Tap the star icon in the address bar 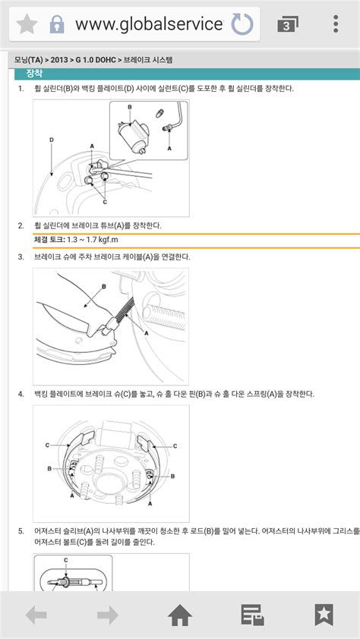click(27, 24)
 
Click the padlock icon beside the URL click(57, 24)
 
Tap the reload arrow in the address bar click(242, 24)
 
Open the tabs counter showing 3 click(287, 24)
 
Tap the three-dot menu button click(336, 24)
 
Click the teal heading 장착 click(34, 74)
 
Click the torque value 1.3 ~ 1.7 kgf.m click(92, 239)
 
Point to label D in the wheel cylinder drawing click(52, 140)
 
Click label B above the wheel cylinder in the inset click(130, 107)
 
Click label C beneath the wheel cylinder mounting click(105, 202)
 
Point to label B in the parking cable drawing click(103, 287)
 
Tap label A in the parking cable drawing click(147, 332)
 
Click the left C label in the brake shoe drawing click(47, 445)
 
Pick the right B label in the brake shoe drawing click(172, 476)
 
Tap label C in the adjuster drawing click(66, 560)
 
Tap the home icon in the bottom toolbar click(180, 615)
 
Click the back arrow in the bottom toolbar click(36, 615)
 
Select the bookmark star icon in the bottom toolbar click(324, 615)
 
